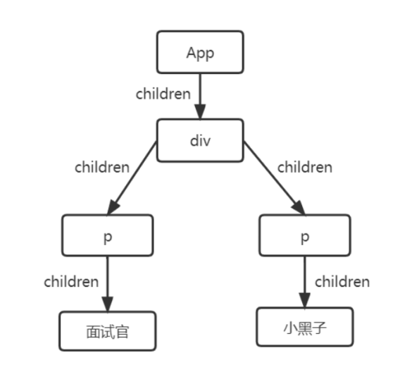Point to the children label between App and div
163,94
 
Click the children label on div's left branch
102,168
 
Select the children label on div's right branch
305,168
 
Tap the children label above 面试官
71,282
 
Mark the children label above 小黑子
342,282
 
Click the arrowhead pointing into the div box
200,112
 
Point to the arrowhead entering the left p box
113,208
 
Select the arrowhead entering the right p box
299,208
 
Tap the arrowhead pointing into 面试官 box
108,304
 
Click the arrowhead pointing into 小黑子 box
305,300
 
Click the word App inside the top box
200,54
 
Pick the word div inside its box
200,141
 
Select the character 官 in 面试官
122,332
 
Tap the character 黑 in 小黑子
305,328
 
